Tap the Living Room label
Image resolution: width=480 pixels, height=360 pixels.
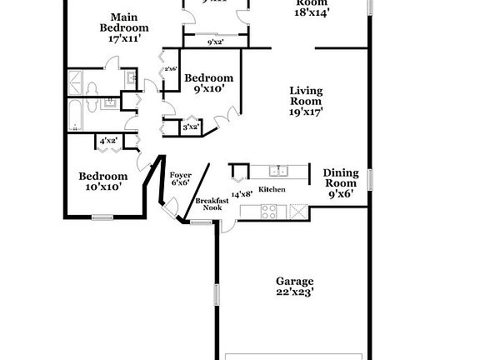pos(306,100)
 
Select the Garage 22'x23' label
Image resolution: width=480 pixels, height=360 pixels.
pos(295,287)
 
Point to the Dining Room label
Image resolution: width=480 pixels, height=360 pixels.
pos(341,182)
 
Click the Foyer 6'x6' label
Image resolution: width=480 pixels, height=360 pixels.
pos(181,179)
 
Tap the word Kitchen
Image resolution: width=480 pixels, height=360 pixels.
pos(272,190)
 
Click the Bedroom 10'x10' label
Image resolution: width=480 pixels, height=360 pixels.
pos(103,182)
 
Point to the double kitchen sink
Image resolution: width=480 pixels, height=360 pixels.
pos(278,172)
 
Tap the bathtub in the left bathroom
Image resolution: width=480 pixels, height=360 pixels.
pos(74,116)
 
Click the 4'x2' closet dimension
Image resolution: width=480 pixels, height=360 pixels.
pos(108,141)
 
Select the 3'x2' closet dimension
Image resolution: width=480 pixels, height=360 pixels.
pos(191,127)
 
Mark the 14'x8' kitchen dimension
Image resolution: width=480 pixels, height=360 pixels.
pos(242,193)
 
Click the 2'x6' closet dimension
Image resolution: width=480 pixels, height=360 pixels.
pos(171,69)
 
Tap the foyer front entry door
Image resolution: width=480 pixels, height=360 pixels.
pos(171,208)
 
